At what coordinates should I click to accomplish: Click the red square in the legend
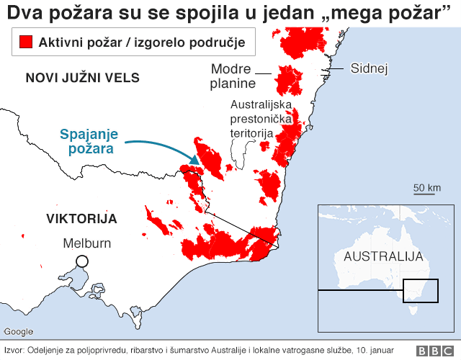pyautogui.click(x=27, y=43)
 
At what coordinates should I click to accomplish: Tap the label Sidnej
pyautogui.click(x=369, y=69)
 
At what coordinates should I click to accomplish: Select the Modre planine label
pyautogui.click(x=232, y=76)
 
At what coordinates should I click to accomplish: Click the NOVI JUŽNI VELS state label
pyautogui.click(x=82, y=78)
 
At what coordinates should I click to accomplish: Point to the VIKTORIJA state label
pyautogui.click(x=81, y=218)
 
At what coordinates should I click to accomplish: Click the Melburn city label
pyautogui.click(x=87, y=243)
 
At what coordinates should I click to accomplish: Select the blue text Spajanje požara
pyautogui.click(x=89, y=142)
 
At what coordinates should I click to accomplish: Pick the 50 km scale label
pyautogui.click(x=426, y=188)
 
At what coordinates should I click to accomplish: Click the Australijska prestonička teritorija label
pyautogui.click(x=251, y=119)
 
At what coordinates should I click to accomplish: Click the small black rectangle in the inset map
pyautogui.click(x=420, y=291)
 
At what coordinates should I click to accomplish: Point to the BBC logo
pyautogui.click(x=433, y=351)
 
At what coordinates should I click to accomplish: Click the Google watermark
pyautogui.click(x=19, y=332)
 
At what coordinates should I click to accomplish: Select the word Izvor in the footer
pyautogui.click(x=13, y=351)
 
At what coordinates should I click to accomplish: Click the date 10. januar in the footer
pyautogui.click(x=393, y=351)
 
